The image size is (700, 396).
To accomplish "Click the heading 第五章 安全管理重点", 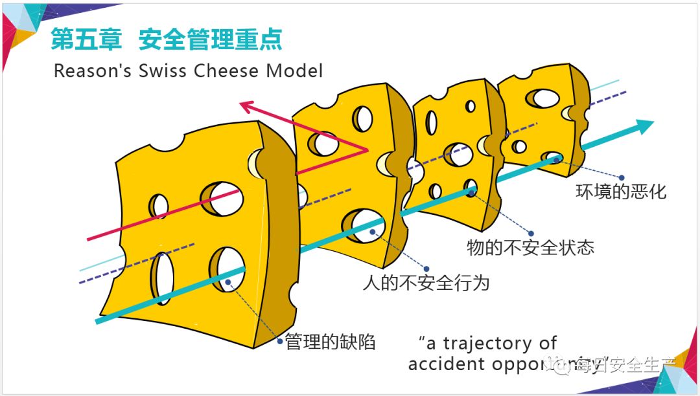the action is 167,40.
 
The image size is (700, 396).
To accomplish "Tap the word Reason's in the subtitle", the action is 93,71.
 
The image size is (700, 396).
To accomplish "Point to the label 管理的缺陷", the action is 330,342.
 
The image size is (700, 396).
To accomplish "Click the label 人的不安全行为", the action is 426,283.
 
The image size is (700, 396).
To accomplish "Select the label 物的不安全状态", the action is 530,248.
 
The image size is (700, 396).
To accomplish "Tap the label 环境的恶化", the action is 621,192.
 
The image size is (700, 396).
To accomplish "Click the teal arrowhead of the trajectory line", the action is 645,126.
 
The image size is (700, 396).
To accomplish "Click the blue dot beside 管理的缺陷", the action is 280,340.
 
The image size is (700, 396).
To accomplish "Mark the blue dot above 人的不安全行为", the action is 426,268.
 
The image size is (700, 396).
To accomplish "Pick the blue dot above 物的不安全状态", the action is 531,233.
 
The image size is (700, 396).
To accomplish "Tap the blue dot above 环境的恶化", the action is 621,177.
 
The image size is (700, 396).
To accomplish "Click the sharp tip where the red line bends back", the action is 367,151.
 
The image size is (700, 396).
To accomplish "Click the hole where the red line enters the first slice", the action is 221,199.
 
